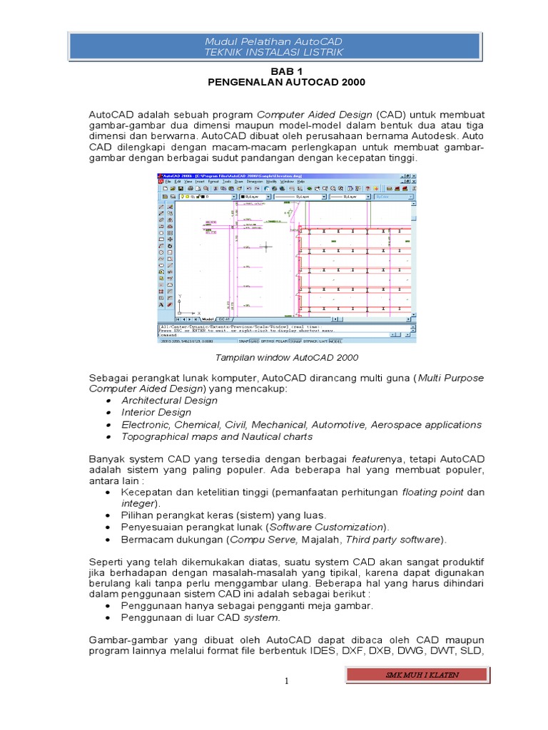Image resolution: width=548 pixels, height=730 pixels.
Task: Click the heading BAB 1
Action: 285,72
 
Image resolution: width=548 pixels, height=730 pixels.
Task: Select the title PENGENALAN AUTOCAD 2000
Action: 285,83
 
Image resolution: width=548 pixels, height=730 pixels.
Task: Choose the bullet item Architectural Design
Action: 169,401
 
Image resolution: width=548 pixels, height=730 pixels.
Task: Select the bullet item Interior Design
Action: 156,413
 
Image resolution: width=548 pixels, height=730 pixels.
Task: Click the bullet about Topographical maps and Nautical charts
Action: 216,436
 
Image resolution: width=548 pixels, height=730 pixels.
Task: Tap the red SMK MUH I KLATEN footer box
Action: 417,674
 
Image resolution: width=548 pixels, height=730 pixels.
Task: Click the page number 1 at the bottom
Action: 285,682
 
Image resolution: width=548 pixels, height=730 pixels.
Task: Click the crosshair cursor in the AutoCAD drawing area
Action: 266,247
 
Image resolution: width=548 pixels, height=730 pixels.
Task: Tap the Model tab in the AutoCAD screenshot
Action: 208,319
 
